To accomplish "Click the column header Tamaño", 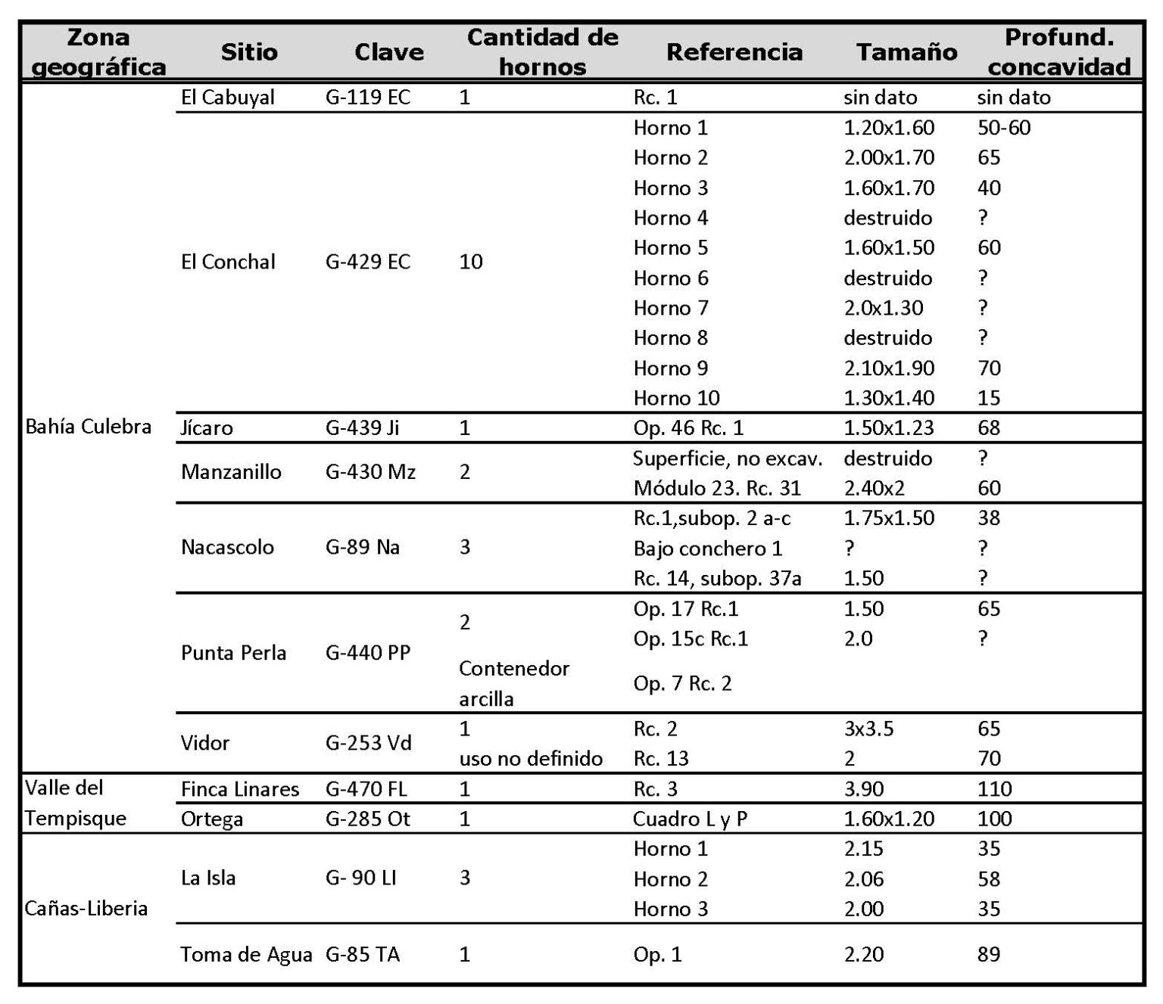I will tap(906, 52).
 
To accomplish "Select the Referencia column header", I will tap(734, 52).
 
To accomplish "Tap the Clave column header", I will tap(388, 52).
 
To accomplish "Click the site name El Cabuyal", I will tap(228, 98).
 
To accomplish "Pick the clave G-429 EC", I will tap(368, 262).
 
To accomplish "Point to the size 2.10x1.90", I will tap(889, 368).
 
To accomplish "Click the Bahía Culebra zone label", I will tap(89, 427).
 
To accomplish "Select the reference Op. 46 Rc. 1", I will tap(688, 428).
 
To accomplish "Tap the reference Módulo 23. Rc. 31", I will tap(717, 488).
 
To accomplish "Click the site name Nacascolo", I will tap(227, 547).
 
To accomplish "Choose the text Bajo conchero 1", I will tap(707, 548).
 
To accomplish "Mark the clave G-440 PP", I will tap(368, 652).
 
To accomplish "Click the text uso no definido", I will tap(531, 758).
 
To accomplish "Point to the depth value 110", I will tap(994, 789).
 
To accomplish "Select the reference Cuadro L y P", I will tap(690, 819).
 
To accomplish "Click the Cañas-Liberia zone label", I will tap(86, 908).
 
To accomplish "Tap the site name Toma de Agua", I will tap(246, 955).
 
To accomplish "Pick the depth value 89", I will tap(989, 955).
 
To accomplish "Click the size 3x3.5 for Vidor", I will tap(868, 729).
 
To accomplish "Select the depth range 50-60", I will tap(1004, 128).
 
